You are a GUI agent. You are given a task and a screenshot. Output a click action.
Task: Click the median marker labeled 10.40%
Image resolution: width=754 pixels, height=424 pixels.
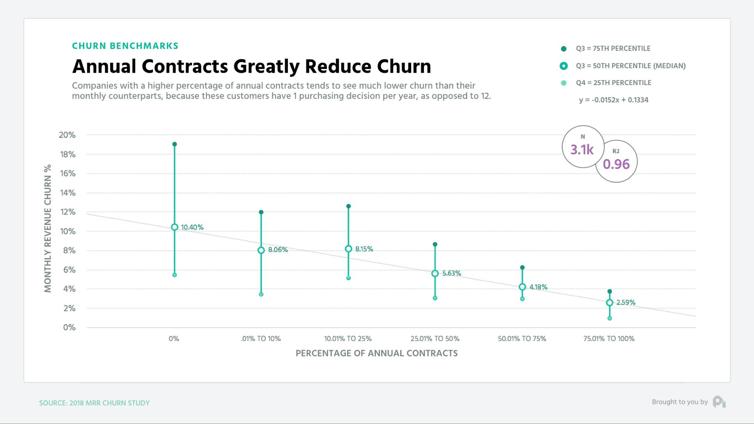click(x=175, y=227)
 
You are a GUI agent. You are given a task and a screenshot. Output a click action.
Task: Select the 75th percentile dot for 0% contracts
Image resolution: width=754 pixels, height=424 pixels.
click(x=175, y=144)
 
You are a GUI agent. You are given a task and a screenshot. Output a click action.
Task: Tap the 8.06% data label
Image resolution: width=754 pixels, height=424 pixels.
click(x=278, y=250)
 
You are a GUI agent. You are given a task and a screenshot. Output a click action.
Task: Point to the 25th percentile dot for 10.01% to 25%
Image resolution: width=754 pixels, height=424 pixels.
click(x=348, y=278)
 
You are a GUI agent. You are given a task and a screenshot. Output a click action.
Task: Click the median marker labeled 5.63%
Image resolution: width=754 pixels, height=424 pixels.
click(x=435, y=273)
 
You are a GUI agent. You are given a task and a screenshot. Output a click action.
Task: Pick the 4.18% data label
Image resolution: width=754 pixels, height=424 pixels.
click(x=538, y=287)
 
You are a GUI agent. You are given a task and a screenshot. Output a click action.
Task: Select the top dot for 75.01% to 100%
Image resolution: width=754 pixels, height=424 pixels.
click(x=609, y=292)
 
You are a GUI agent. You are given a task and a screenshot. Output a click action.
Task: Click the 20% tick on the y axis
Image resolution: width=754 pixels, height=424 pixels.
click(x=67, y=135)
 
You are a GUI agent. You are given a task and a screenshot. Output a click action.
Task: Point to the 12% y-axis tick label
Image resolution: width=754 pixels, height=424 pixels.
click(x=68, y=212)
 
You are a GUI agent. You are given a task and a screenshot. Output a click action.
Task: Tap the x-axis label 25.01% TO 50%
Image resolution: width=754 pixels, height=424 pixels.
click(x=435, y=339)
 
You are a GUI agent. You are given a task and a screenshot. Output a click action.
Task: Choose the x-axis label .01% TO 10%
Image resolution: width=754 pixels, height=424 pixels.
click(x=260, y=339)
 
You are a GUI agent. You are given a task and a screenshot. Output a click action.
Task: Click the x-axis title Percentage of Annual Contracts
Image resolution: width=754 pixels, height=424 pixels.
click(x=376, y=353)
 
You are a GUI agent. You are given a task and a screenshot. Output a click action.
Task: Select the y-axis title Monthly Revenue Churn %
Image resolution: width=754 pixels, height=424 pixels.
click(x=47, y=229)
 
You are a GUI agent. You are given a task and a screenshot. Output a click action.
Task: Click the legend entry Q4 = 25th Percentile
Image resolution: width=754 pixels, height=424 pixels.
click(x=613, y=83)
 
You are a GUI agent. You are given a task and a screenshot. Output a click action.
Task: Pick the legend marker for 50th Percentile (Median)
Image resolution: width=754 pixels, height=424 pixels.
click(x=564, y=66)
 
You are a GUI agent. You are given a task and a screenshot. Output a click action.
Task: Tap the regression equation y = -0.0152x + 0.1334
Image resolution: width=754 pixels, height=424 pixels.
click(x=614, y=100)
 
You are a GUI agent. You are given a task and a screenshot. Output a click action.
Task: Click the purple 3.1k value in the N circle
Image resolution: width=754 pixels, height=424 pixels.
click(x=582, y=150)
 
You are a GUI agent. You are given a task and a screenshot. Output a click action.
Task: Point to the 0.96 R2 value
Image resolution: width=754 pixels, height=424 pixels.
click(x=616, y=164)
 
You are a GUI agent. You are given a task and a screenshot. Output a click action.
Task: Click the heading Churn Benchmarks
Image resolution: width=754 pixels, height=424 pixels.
click(x=125, y=46)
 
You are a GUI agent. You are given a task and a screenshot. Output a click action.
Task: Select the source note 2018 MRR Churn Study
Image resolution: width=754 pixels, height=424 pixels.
click(x=94, y=403)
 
